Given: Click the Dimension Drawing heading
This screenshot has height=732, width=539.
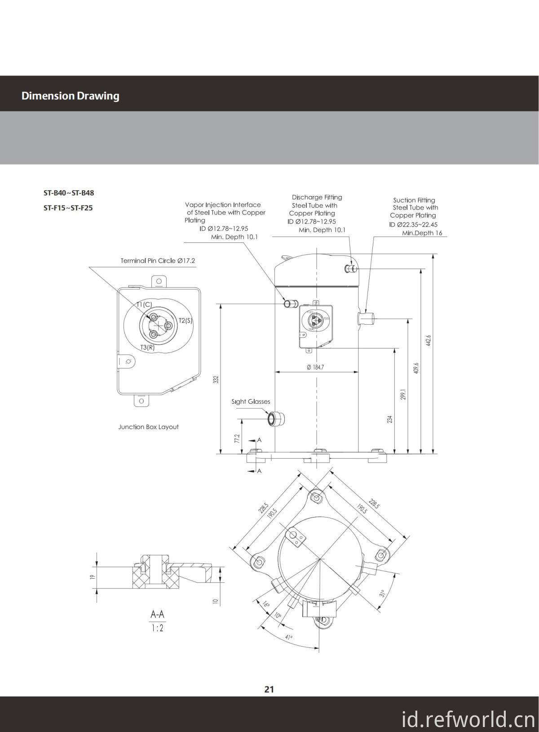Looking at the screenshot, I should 70,96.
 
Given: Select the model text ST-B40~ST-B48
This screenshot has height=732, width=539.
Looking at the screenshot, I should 69,193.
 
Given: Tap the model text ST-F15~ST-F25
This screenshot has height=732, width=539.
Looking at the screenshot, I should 68,208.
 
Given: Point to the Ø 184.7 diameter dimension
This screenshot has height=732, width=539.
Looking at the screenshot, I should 315,367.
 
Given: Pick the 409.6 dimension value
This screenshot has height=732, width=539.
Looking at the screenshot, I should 416,368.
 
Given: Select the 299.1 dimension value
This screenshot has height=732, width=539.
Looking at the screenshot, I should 403,395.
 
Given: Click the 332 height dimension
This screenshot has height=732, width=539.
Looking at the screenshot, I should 216,379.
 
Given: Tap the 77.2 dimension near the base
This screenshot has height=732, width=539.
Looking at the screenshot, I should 237,438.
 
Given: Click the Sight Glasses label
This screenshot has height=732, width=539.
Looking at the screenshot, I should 251,402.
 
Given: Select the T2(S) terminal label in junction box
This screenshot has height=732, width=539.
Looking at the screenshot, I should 186,321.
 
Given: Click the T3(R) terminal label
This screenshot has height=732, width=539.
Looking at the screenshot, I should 147,347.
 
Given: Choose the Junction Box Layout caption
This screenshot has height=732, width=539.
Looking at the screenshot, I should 148,427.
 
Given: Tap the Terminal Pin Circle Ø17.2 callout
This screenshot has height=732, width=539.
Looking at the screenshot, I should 158,260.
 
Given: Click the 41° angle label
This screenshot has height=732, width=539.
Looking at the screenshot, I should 288,637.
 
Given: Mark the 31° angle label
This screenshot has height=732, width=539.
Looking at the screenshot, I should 383,594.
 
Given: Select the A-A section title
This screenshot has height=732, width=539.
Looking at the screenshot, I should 157,614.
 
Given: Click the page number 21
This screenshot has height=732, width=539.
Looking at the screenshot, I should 269,689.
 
